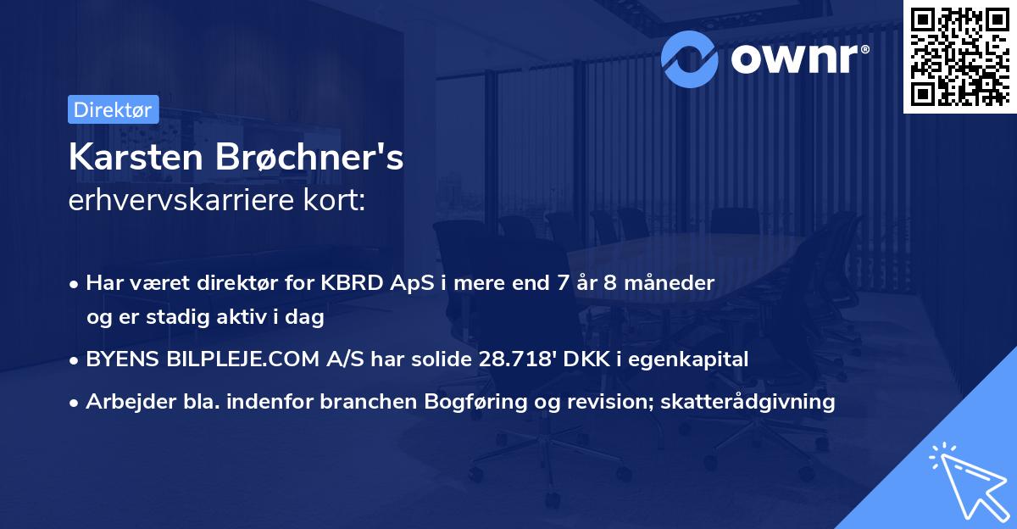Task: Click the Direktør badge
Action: point(113,109)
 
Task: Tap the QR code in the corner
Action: point(959,56)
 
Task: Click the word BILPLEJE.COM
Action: point(259,359)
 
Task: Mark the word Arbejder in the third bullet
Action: point(123,402)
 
